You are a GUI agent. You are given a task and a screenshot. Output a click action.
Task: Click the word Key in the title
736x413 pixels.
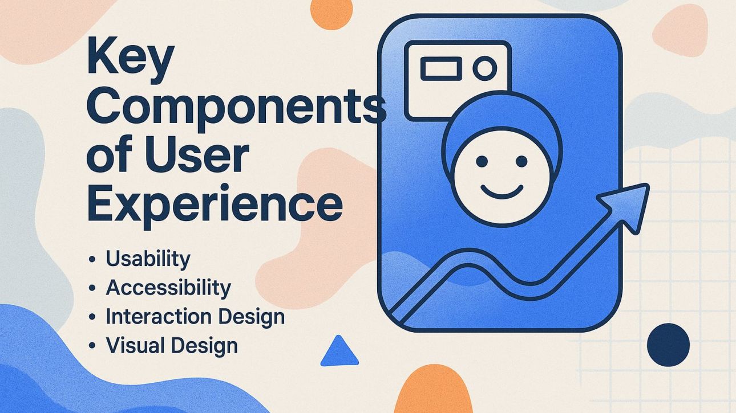[129, 59]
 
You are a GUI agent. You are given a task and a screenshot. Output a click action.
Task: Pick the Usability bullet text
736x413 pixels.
[148, 259]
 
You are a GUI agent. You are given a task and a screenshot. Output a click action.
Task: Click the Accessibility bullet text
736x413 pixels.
[168, 288]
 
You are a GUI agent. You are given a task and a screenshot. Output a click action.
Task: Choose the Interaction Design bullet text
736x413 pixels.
[195, 317]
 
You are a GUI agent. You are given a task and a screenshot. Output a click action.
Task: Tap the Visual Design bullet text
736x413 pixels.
[172, 345]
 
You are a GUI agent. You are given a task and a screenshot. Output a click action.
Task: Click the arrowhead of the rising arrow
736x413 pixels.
[630, 199]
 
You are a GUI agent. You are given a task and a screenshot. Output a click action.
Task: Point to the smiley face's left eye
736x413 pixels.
[482, 162]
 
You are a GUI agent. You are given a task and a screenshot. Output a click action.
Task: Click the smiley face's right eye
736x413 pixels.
[521, 162]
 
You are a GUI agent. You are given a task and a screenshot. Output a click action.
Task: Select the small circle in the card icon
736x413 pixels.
[484, 69]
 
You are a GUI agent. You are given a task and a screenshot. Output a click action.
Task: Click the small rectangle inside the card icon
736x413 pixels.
[440, 69]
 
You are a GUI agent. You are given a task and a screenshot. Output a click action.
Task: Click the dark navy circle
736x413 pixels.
[668, 344]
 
